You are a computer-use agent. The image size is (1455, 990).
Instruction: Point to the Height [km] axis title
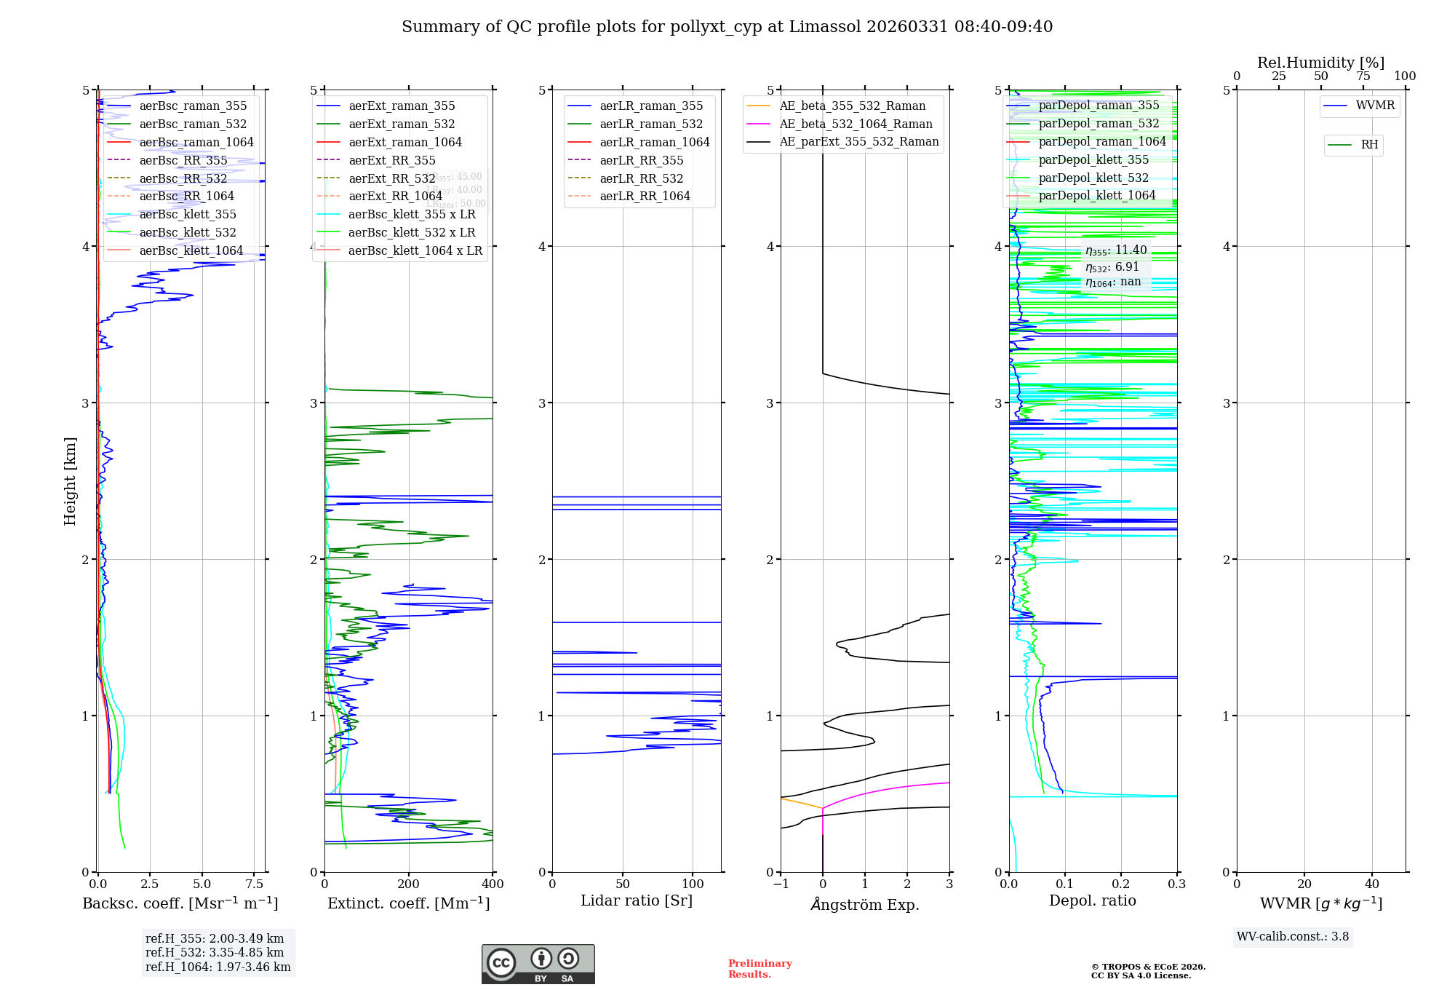coord(70,480)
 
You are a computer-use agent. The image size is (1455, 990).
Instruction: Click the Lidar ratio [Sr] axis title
coord(637,900)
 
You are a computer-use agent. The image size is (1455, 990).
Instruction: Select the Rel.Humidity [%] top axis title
coord(1320,63)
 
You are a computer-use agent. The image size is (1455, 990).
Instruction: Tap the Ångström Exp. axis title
coord(865,904)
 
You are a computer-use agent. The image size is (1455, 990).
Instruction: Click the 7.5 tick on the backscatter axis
coord(255,884)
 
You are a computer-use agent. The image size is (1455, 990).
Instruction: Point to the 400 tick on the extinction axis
coord(493,884)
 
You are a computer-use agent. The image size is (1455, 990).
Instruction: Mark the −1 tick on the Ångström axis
coord(781,884)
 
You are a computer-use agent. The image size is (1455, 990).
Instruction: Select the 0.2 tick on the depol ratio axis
coord(1121,884)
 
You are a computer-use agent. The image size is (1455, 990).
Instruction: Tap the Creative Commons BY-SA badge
coord(538,964)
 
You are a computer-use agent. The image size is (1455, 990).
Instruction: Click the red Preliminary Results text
coord(760,968)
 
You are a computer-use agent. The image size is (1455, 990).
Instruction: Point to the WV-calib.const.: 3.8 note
coord(1292,937)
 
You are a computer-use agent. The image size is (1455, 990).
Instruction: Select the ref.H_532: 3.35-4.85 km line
coord(215,952)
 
